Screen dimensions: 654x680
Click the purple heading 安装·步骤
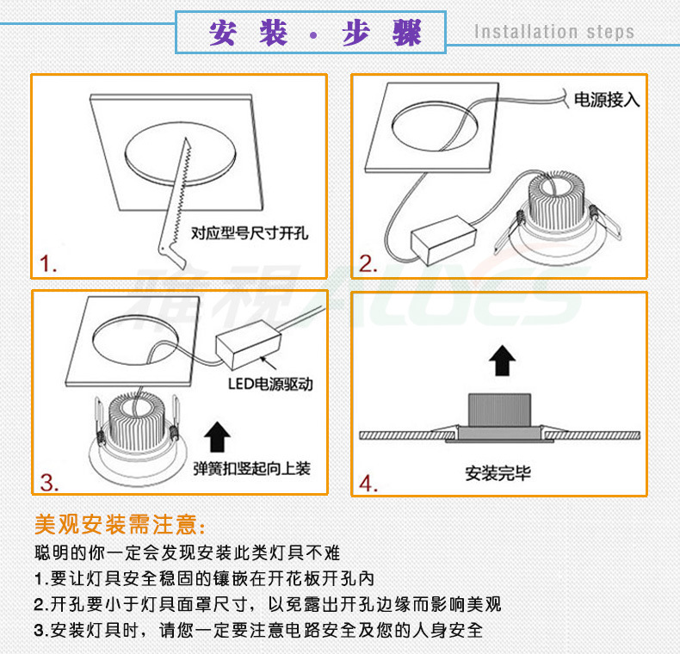point(315,34)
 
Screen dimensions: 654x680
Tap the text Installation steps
point(554,33)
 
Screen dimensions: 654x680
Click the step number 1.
point(49,263)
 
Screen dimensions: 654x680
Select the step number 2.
point(368,263)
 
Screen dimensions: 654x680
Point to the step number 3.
point(49,483)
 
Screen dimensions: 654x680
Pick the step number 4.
point(368,484)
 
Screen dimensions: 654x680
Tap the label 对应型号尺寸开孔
point(250,233)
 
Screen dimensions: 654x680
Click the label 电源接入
point(607,100)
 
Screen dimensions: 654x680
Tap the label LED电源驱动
point(269,384)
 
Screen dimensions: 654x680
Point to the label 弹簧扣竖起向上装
point(251,469)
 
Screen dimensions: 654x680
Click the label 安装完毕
point(498,472)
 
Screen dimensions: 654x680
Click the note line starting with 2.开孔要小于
point(267,603)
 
